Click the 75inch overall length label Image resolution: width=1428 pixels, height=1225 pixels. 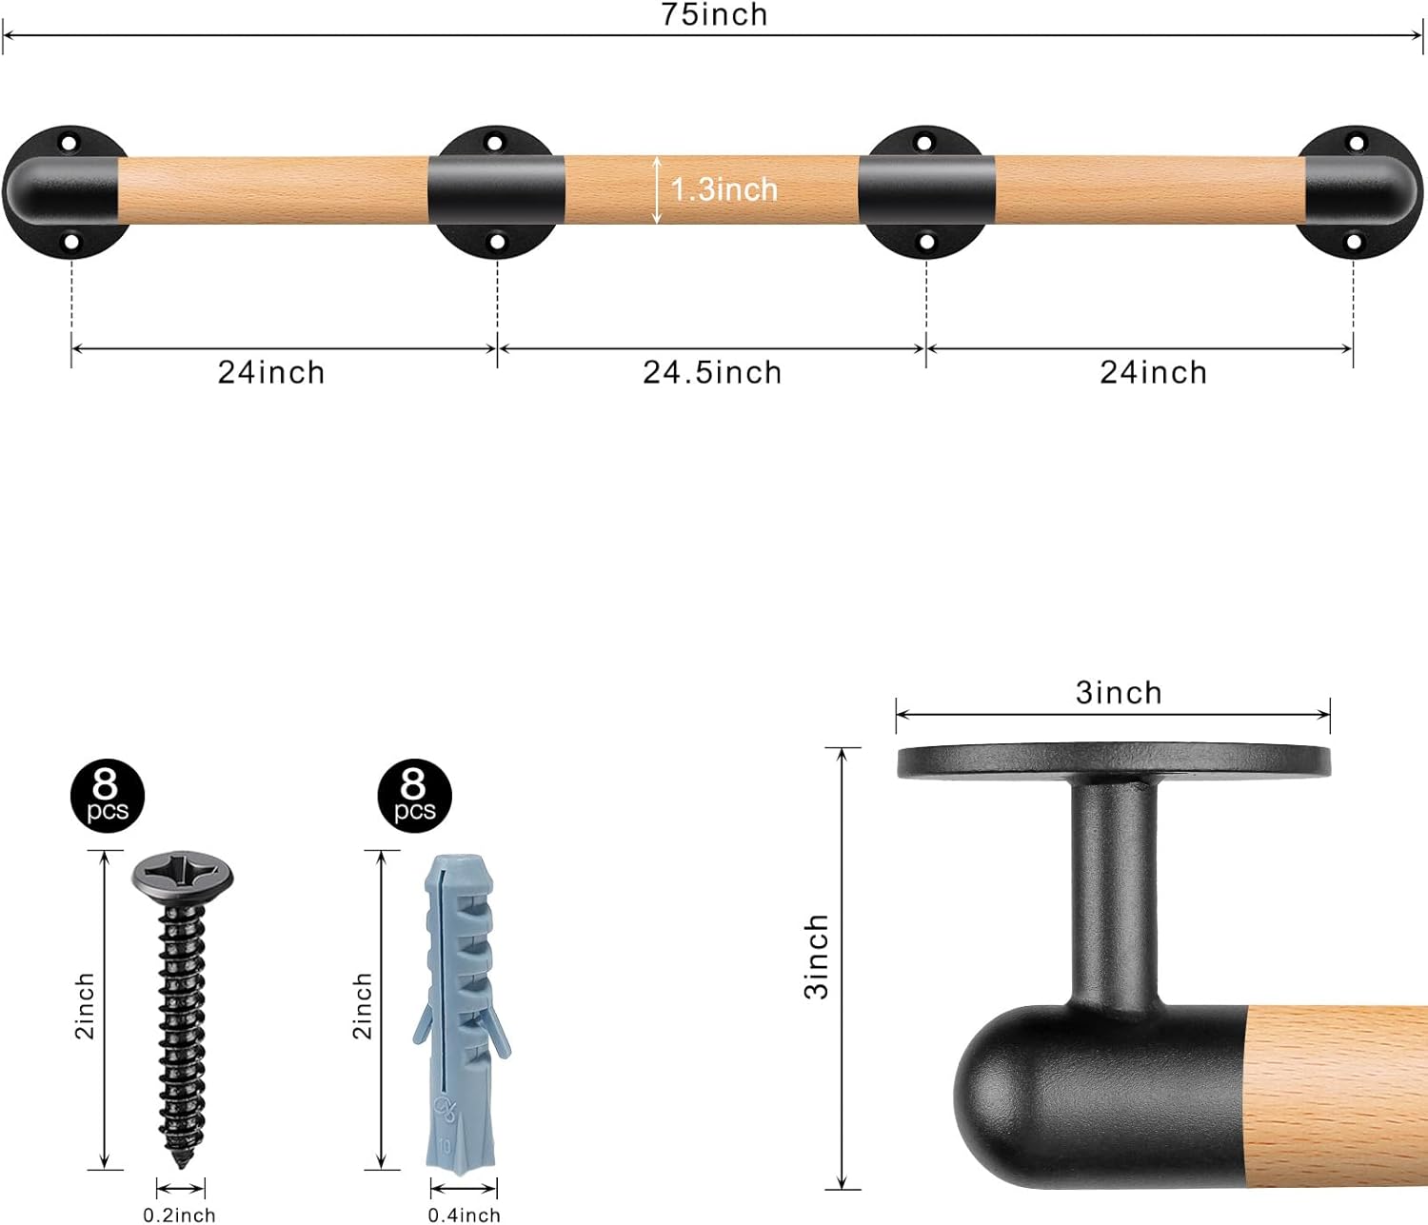coord(714,15)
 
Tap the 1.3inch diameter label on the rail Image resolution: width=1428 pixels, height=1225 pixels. coord(724,189)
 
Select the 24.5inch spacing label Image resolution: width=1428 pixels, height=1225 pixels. coord(712,372)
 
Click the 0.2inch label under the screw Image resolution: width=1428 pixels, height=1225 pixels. coord(179,1215)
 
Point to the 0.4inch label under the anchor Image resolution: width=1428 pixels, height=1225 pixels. coord(464,1215)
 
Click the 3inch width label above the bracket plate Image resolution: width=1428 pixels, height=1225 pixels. coord(1119,693)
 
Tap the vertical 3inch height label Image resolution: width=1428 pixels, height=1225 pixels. coord(817,957)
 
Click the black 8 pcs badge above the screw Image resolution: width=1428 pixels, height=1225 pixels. coord(107,796)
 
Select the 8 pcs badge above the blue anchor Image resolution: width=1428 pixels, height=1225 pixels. coord(414,796)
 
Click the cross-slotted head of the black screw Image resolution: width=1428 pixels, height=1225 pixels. coord(182,873)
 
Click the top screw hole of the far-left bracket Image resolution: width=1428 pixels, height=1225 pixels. coord(69,144)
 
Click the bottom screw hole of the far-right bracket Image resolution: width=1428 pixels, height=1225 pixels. coord(1356,243)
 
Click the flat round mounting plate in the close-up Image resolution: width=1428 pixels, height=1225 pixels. coord(1113,761)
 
